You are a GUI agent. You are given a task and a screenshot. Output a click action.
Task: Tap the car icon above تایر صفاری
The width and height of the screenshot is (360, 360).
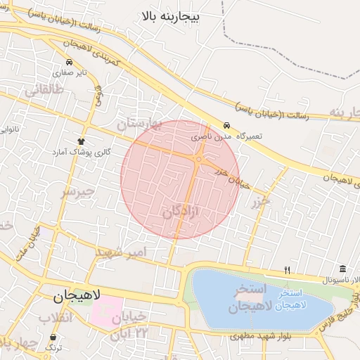(x=69, y=63)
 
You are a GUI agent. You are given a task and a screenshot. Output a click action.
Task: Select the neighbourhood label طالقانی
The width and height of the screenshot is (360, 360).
(x=44, y=90)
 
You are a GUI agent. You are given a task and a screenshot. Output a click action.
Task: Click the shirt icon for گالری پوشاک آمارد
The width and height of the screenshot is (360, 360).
(x=81, y=141)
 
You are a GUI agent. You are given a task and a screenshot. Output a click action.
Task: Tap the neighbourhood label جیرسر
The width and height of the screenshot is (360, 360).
(x=77, y=193)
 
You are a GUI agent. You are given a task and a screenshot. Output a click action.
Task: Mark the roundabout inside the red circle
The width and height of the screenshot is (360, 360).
(x=200, y=160)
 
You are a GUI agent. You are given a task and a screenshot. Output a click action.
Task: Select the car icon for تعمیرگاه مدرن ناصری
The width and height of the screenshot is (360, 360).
(x=226, y=124)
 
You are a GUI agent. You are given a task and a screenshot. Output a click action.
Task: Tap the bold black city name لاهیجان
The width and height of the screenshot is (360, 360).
(x=77, y=297)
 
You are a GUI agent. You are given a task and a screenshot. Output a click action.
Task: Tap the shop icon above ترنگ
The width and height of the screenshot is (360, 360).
(x=50, y=337)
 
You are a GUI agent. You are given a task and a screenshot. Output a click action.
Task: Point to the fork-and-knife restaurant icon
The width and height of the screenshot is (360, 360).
(x=287, y=269)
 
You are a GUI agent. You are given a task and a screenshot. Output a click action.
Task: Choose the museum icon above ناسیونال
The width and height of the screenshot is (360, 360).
(x=342, y=269)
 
